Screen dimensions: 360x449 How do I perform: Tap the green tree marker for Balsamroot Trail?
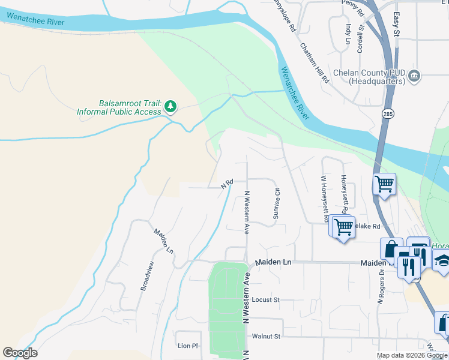point(171,107)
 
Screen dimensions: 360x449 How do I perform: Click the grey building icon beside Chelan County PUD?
point(414,76)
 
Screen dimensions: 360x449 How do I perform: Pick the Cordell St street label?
point(361,38)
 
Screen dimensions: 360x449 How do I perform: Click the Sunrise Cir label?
point(277,203)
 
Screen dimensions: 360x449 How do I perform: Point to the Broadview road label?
point(147,276)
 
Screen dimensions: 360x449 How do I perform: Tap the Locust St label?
point(266,299)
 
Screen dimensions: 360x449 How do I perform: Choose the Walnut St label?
point(266,337)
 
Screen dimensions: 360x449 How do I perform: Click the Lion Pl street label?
point(187,346)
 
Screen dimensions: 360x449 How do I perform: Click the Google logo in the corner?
point(20,353)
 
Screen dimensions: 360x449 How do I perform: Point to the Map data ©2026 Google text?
point(411,355)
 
